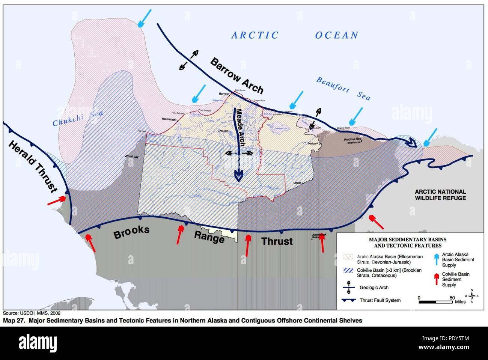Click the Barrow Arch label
(x=236, y=75)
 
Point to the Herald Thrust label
(x=33, y=166)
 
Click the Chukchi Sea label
(x=77, y=118)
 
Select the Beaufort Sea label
(x=343, y=89)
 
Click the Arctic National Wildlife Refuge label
(x=440, y=195)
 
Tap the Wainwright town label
(x=169, y=119)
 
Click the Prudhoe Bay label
(x=352, y=139)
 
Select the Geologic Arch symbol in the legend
(x=349, y=287)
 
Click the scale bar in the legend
(x=435, y=302)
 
